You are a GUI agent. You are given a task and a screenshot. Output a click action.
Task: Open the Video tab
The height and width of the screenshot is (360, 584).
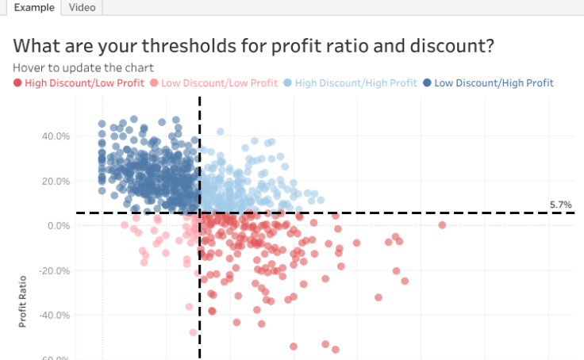[x=83, y=7]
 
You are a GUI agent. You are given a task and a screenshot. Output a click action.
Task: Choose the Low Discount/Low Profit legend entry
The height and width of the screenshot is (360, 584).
[x=219, y=82]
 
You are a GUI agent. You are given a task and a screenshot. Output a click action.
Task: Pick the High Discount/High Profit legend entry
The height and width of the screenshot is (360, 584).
[x=355, y=82]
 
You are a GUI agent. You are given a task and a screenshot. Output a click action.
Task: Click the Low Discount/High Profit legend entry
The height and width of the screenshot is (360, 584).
[x=494, y=82]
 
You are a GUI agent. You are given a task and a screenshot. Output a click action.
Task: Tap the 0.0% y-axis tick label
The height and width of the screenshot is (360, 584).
[x=60, y=226]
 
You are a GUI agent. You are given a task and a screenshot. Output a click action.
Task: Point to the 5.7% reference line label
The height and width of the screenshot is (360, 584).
[x=560, y=205]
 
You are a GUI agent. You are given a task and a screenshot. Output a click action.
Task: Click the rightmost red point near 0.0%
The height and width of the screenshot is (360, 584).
[x=442, y=225]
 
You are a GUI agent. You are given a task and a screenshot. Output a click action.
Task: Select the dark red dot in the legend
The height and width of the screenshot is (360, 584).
[x=17, y=82]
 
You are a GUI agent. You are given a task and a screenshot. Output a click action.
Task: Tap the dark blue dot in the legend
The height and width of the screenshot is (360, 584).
[x=428, y=82]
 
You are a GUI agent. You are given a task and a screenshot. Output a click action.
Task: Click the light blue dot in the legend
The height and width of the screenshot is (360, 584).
[x=289, y=82]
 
